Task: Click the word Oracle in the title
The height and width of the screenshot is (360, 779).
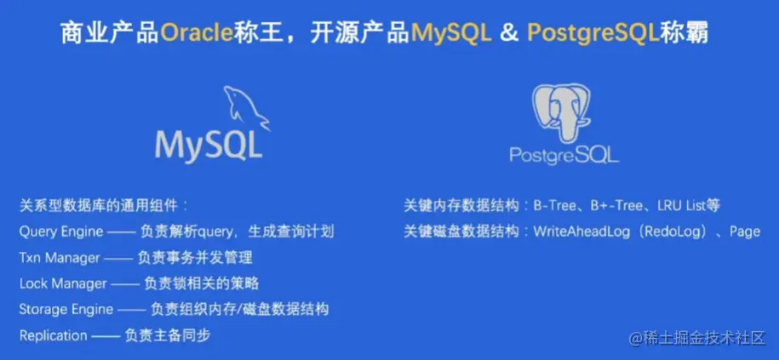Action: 197,33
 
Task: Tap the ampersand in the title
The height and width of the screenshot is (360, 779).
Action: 509,33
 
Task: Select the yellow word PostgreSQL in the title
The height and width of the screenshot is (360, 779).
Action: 593,34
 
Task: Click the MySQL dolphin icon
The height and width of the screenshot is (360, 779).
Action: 245,108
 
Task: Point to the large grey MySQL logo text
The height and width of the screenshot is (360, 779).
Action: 209,145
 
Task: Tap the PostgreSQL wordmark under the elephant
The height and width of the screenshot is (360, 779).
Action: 564,154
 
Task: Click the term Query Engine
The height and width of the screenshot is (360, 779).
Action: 61,231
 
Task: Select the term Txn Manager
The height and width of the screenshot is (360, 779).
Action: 60,258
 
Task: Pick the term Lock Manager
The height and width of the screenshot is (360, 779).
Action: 63,283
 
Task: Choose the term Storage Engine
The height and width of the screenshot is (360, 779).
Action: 66,310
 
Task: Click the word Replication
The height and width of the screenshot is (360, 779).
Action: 53,335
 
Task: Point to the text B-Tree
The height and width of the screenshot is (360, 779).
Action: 554,206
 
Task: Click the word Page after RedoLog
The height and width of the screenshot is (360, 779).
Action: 745,232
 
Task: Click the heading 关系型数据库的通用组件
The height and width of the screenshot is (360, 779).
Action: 100,206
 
